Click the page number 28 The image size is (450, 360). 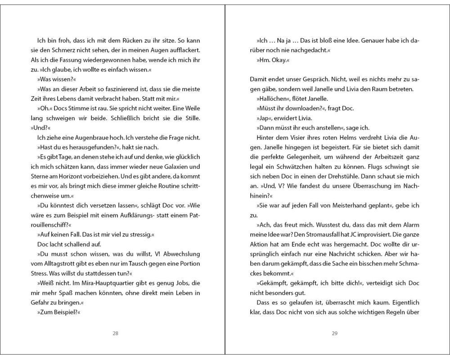pos(115,333)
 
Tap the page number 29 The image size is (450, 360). pos(334,333)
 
